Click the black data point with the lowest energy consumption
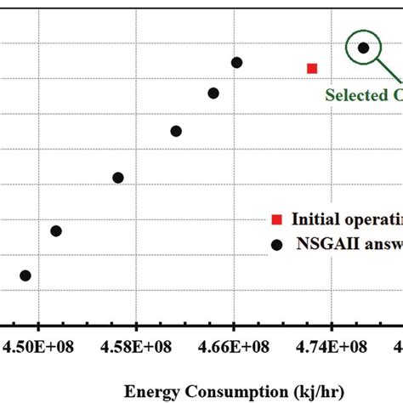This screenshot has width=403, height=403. point(26,275)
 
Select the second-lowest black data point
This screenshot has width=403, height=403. point(56,230)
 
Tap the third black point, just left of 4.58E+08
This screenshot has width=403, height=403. point(118,178)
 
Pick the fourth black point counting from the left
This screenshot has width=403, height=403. point(176,131)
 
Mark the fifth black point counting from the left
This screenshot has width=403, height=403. point(213,94)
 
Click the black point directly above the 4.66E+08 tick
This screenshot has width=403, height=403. point(236,63)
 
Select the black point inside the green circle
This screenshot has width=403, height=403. point(363,48)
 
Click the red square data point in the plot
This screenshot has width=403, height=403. point(312,68)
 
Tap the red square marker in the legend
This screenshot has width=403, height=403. point(276,220)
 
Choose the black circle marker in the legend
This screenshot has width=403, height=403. point(276,244)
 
